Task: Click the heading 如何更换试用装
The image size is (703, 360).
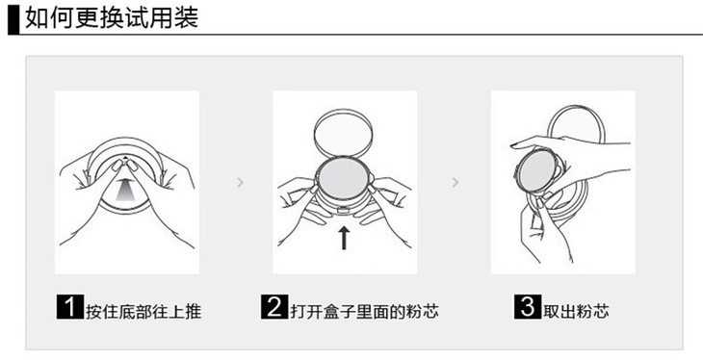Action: pyautogui.click(x=112, y=18)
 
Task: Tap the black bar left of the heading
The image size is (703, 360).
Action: pyautogui.click(x=13, y=18)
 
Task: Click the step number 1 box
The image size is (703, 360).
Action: pyautogui.click(x=70, y=307)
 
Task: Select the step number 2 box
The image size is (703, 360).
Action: pyautogui.click(x=273, y=307)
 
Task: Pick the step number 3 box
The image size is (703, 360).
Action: pyautogui.click(x=528, y=307)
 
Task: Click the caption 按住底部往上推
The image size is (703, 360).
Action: pyautogui.click(x=143, y=312)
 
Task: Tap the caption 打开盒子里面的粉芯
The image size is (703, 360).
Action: pyautogui.click(x=364, y=312)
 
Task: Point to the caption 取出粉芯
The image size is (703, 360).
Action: pyautogui.click(x=576, y=312)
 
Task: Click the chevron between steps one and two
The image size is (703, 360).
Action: pyautogui.click(x=241, y=182)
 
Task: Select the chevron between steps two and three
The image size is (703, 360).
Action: pyautogui.click(x=456, y=182)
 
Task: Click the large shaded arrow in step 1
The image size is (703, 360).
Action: pyautogui.click(x=125, y=189)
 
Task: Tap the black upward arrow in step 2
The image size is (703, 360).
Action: pyautogui.click(x=344, y=238)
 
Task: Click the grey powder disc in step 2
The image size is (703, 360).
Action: pyautogui.click(x=343, y=178)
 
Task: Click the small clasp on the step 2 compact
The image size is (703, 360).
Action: pyautogui.click(x=344, y=210)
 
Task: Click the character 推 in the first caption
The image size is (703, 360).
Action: pyautogui.click(x=194, y=312)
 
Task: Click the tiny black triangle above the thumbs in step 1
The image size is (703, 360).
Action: pyautogui.click(x=126, y=157)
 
